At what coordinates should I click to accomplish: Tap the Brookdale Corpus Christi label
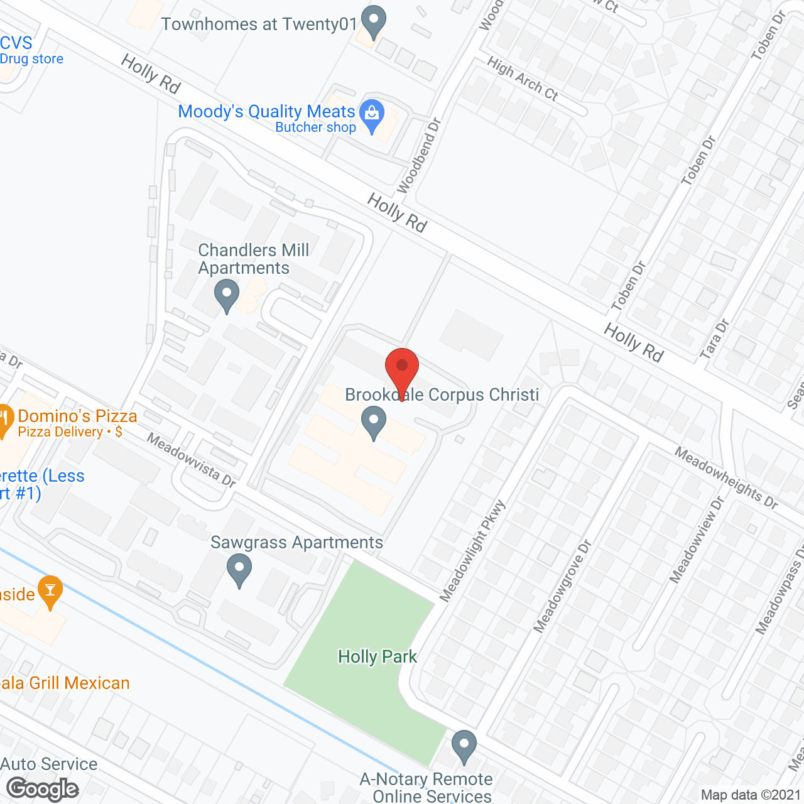click(x=442, y=395)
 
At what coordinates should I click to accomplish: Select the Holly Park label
click(x=378, y=657)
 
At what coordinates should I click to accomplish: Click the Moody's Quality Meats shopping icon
click(x=372, y=114)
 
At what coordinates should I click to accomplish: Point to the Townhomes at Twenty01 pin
click(x=374, y=22)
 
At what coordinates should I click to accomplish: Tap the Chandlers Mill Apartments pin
click(x=226, y=296)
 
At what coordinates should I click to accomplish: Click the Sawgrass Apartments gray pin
click(x=239, y=570)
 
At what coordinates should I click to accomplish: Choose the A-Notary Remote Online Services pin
click(x=464, y=746)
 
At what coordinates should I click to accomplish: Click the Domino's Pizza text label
click(x=77, y=416)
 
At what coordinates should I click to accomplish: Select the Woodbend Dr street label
click(x=419, y=155)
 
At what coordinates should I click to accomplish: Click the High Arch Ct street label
click(x=523, y=79)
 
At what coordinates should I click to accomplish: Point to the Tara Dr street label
click(x=714, y=339)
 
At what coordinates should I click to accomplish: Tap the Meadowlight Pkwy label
click(x=472, y=551)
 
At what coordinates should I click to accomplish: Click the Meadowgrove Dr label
click(x=563, y=585)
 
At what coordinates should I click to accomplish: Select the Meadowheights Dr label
click(x=727, y=477)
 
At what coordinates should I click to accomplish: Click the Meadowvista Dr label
click(x=192, y=460)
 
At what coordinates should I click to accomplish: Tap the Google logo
click(x=43, y=789)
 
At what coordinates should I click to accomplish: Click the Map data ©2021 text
click(x=751, y=795)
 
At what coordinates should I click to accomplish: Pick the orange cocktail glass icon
click(x=50, y=590)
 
